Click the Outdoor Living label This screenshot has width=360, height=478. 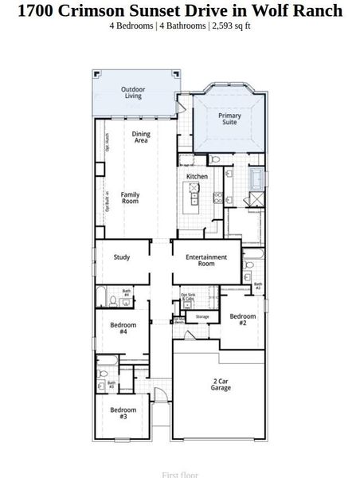[132, 92]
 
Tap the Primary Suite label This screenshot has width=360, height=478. [229, 118]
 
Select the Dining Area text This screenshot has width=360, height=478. [141, 137]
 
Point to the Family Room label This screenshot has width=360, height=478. [130, 197]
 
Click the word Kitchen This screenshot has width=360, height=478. [197, 176]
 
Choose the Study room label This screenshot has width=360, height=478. [122, 257]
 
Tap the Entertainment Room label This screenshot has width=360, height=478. [206, 260]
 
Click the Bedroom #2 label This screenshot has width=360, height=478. [243, 319]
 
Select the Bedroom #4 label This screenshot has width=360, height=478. [123, 327]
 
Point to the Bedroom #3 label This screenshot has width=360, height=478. [123, 413]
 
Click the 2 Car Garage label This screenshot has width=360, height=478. [221, 384]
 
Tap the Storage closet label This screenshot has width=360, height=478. [202, 317]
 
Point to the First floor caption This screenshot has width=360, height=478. [179, 474]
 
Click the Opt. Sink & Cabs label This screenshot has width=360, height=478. [188, 297]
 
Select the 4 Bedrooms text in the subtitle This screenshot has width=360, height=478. [131, 25]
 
